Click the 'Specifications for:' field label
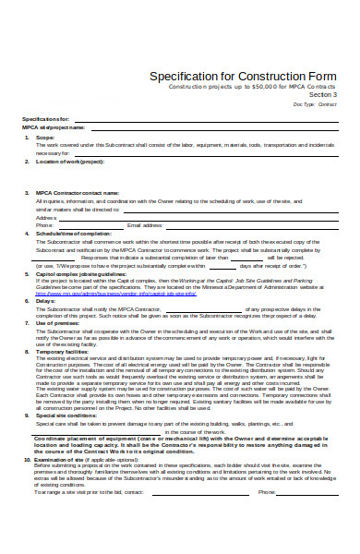point(46,119)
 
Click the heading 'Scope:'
point(46,137)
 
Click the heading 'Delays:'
point(45,301)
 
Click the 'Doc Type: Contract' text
point(318,104)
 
